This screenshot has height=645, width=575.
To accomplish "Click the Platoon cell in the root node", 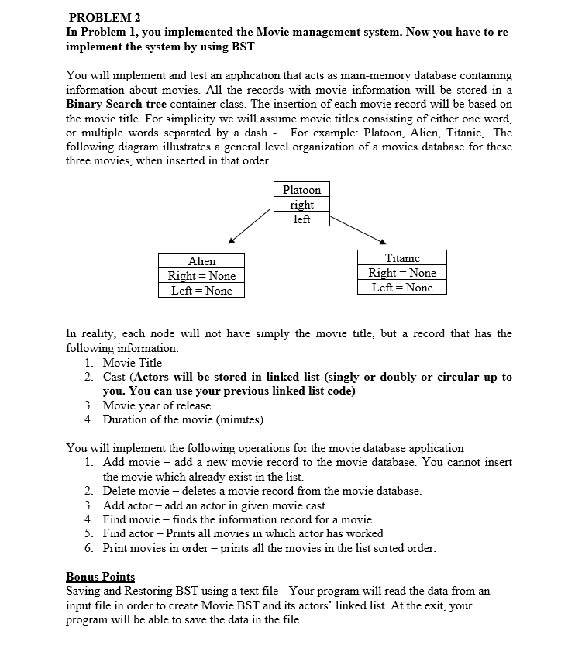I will click(301, 190).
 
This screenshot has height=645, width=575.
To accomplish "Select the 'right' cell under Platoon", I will click(301, 205).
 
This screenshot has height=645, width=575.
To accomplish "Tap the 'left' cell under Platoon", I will click(301, 219).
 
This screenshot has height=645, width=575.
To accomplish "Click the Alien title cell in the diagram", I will click(201, 261).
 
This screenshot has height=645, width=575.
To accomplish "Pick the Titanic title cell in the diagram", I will click(402, 258).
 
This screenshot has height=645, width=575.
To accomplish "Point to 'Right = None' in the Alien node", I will click(201, 276).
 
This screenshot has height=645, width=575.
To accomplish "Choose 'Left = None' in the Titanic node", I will click(402, 288).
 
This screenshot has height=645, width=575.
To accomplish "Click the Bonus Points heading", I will click(100, 577).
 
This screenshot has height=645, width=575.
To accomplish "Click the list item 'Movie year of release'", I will click(157, 405).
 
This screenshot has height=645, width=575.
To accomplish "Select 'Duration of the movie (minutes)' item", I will click(183, 419).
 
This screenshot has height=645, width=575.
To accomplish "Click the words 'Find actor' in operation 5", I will click(127, 533).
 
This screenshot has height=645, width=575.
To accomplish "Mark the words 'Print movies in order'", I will click(158, 548).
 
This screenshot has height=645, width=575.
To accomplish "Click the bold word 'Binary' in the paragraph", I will click(87, 103).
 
